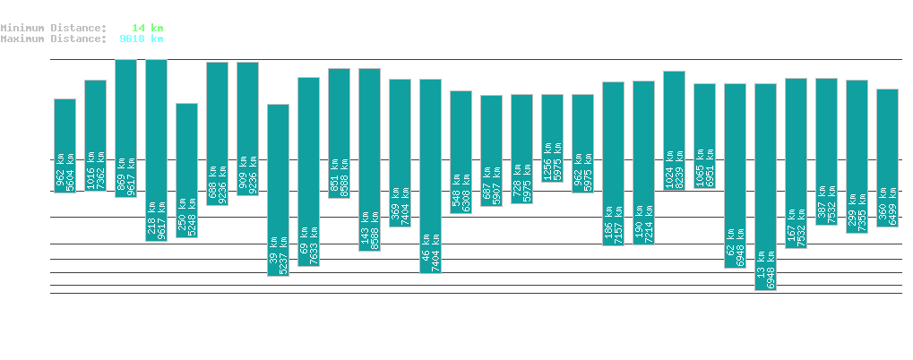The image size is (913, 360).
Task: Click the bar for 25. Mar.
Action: tap(278, 190)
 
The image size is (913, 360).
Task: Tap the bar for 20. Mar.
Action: tap(125, 128)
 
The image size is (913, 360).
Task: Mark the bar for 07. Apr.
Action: tap(674, 130)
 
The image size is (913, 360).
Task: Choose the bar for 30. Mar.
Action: tap(430, 176)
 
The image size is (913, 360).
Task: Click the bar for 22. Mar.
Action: tap(186, 170)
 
